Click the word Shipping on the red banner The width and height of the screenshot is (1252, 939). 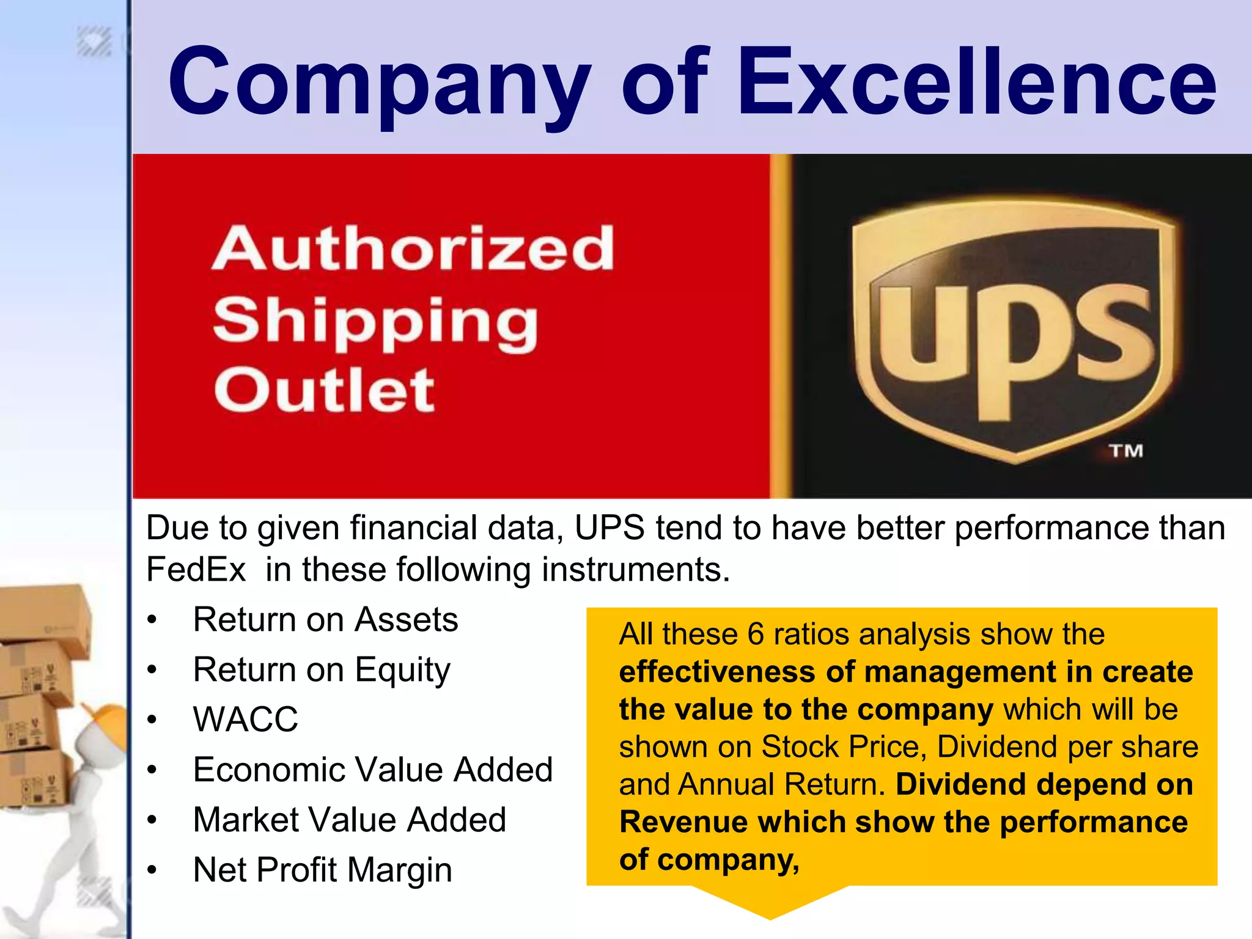[375, 321]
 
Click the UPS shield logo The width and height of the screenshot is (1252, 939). [1015, 330]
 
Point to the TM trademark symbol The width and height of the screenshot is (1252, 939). [1125, 451]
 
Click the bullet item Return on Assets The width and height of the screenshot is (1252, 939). [325, 620]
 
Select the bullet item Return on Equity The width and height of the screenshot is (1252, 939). [322, 670]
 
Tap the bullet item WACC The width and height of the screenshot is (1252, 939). [246, 720]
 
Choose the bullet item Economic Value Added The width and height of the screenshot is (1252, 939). [373, 770]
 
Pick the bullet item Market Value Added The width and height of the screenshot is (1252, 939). [350, 820]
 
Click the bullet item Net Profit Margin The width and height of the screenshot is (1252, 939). [322, 870]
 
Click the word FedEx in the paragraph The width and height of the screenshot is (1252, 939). [196, 570]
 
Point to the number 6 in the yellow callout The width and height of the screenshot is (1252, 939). [756, 634]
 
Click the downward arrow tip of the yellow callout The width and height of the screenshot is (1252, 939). [770, 913]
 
